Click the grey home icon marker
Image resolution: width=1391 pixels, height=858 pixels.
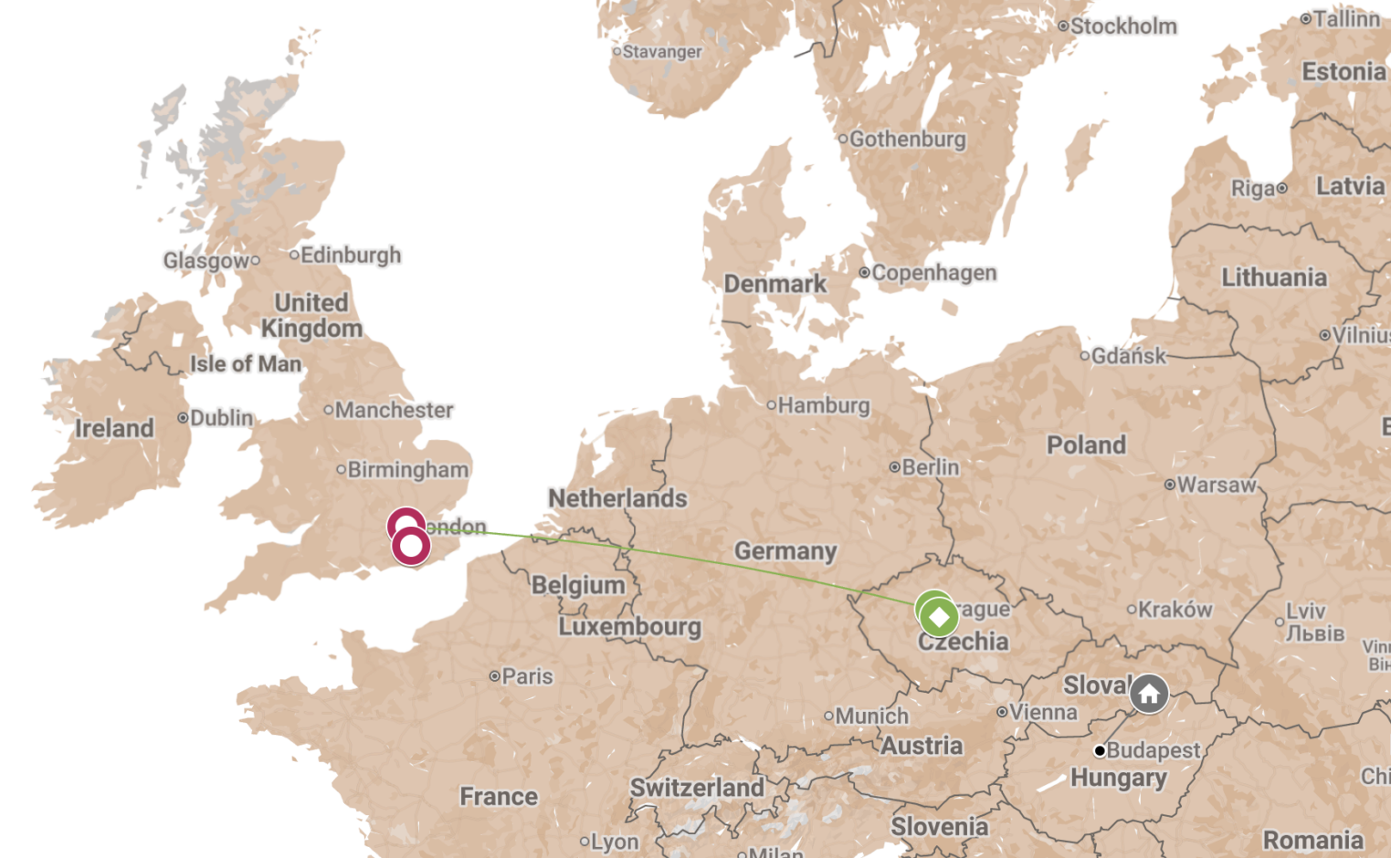click(1149, 694)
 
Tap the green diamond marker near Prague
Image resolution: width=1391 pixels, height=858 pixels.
click(939, 617)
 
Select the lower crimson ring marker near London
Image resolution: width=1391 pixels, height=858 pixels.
click(411, 546)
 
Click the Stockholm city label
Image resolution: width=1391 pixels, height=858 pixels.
click(1122, 26)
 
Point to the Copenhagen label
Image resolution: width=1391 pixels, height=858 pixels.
click(933, 273)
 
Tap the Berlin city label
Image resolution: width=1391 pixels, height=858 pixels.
click(930, 467)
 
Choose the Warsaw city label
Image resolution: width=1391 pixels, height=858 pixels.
click(1216, 485)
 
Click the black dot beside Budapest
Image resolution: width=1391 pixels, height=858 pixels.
click(1100, 751)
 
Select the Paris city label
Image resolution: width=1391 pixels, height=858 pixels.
click(527, 676)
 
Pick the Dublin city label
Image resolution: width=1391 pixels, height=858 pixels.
click(221, 418)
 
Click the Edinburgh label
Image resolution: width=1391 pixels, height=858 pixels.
click(350, 255)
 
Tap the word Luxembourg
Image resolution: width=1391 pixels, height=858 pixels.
click(630, 627)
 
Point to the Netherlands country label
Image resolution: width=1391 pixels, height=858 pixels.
click(617, 498)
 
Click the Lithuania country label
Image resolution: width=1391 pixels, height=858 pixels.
click(1274, 277)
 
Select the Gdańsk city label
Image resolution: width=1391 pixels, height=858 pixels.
click(1128, 356)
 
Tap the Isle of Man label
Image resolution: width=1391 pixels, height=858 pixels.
click(245, 364)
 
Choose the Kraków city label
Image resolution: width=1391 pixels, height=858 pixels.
click(1174, 609)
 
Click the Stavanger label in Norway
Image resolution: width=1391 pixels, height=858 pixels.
click(662, 52)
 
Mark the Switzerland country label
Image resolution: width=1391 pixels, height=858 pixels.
click(697, 788)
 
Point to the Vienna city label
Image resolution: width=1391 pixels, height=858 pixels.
click(1042, 712)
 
